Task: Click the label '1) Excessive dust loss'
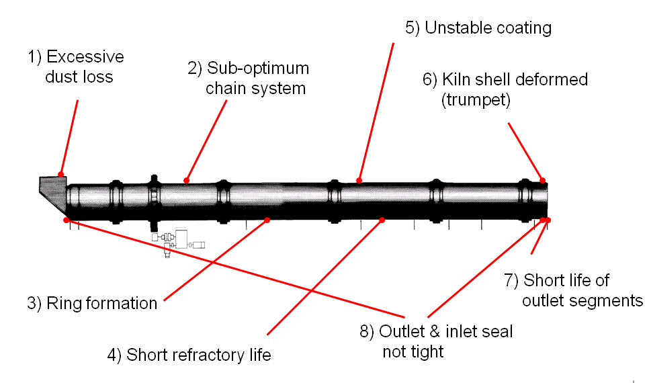pyautogui.click(x=76, y=67)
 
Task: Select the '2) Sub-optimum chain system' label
pyautogui.click(x=249, y=78)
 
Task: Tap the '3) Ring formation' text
pyautogui.click(x=92, y=303)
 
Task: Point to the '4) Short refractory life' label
pyautogui.click(x=189, y=355)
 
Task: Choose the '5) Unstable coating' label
pyautogui.click(x=478, y=28)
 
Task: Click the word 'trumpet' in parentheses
pyautogui.click(x=476, y=100)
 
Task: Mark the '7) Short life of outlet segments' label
pyautogui.click(x=573, y=290)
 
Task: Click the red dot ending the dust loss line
pyautogui.click(x=61, y=175)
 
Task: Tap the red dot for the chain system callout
pyautogui.click(x=187, y=180)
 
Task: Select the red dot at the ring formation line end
pyautogui.click(x=267, y=220)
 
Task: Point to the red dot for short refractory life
pyautogui.click(x=382, y=220)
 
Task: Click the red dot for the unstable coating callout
pyautogui.click(x=359, y=180)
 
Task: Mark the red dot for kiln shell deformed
pyautogui.click(x=543, y=180)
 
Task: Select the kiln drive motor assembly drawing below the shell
pyautogui.click(x=178, y=243)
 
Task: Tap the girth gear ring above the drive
pyautogui.click(x=154, y=202)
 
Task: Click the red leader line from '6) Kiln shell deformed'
pyautogui.click(x=525, y=151)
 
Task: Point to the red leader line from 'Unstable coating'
pyautogui.click(x=376, y=112)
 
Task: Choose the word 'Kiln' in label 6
pyautogui.click(x=456, y=79)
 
